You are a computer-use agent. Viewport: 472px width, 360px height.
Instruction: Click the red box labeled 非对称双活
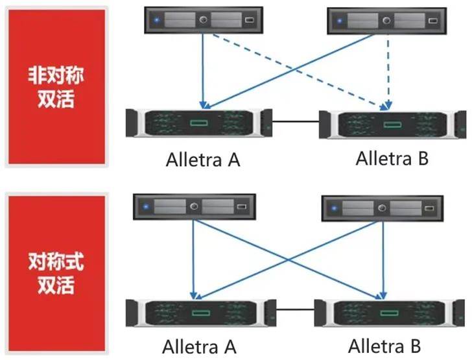tap(56, 87)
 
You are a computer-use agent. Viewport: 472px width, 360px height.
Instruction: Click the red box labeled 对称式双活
tap(56, 273)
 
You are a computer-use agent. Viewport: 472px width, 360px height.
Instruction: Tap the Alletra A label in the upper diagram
tap(203, 160)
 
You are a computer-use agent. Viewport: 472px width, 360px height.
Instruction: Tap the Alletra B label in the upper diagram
tap(392, 158)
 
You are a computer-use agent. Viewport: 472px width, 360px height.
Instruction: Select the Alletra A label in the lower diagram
tap(199, 347)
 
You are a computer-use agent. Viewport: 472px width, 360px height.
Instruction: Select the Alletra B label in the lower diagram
tap(384, 346)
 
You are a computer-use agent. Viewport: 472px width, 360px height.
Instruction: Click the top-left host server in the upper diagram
tap(204, 20)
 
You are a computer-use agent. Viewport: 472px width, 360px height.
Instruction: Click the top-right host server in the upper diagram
tap(387, 21)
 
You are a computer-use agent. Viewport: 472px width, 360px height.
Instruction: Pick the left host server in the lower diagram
tap(195, 207)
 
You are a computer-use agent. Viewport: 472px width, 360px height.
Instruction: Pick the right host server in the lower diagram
tap(383, 208)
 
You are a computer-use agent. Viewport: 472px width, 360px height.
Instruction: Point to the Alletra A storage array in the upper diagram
tap(199, 123)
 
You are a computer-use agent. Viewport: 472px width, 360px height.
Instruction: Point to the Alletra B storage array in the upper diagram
tap(392, 125)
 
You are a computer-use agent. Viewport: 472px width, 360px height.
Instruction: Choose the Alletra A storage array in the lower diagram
tap(201, 313)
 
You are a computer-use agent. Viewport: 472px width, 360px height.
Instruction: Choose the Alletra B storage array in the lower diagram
tap(389, 313)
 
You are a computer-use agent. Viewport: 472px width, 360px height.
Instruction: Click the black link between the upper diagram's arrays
tap(296, 122)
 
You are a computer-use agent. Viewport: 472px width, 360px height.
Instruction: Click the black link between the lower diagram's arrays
tap(295, 309)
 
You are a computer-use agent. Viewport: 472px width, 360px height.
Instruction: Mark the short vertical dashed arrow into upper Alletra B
tap(388, 72)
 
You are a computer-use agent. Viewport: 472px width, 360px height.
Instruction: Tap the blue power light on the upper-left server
tap(156, 21)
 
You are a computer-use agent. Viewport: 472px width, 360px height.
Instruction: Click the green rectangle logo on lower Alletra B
tap(389, 313)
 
